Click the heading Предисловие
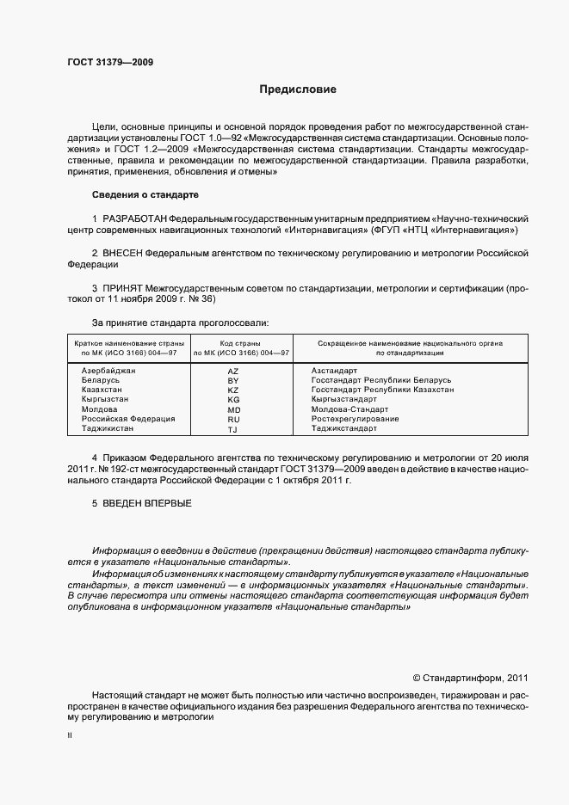(x=299, y=89)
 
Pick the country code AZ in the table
(x=232, y=370)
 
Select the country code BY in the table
(x=232, y=380)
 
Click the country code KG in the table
(x=232, y=400)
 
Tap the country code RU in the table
(x=232, y=419)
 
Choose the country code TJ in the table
(x=232, y=429)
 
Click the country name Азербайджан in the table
(x=108, y=370)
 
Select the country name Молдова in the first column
(x=99, y=409)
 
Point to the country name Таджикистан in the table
(x=108, y=428)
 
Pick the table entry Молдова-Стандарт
(x=349, y=409)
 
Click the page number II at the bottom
(x=70, y=736)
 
